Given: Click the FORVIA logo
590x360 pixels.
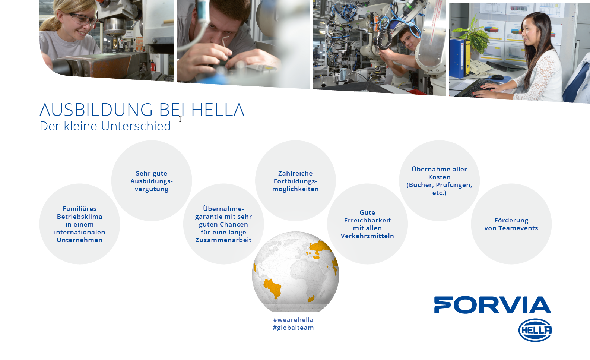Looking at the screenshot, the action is (x=492, y=305).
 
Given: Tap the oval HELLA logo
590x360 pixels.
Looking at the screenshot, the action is (x=535, y=330).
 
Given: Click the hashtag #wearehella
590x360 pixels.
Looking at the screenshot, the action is (x=293, y=320).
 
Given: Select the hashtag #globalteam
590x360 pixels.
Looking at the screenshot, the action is (x=293, y=328).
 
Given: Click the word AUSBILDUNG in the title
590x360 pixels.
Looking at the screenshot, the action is (x=96, y=110).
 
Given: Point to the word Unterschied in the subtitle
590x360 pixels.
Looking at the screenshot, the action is (x=136, y=126).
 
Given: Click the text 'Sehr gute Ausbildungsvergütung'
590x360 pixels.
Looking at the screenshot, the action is (x=152, y=181).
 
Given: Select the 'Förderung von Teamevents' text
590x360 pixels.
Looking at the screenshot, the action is (x=511, y=224).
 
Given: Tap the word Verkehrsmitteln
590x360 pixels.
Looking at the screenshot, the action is (x=367, y=236).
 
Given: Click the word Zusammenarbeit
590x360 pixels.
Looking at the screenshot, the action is (x=223, y=240).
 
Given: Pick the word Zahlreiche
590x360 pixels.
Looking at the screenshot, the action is (x=295, y=173).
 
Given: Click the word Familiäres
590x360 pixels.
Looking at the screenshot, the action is (x=80, y=208).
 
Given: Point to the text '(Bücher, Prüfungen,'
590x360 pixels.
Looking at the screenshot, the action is (x=440, y=185).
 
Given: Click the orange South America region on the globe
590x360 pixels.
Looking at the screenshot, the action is (x=272, y=287).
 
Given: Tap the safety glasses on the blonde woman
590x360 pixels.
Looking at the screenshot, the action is (x=83, y=19).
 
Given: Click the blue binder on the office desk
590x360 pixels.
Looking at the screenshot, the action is (x=457, y=58).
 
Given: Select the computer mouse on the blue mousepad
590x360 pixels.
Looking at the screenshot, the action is (x=497, y=77).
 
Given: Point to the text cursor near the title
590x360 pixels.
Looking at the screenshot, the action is (x=180, y=119).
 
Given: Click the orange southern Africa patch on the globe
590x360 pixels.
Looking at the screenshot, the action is (x=311, y=299).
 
